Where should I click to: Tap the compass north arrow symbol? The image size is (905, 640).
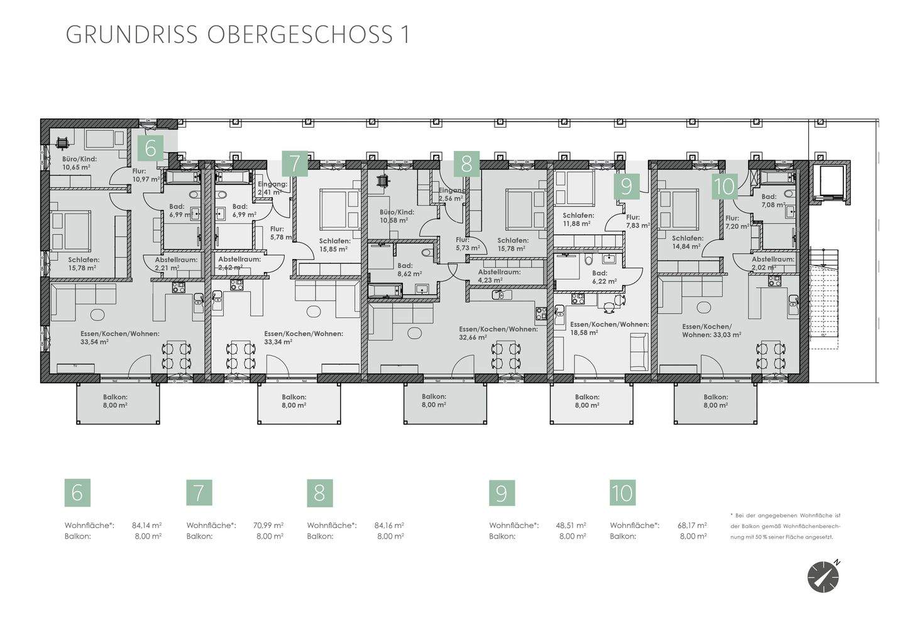coord(823,576)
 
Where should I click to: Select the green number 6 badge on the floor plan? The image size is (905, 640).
coord(150,148)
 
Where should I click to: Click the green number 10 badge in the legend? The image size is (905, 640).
coord(622,492)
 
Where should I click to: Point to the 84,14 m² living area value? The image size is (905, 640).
coord(146,525)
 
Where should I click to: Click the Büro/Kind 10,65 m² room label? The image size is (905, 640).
coord(79,163)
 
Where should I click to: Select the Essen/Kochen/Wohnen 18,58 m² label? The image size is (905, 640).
coord(608,328)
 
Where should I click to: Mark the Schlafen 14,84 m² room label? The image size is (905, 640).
coord(687,243)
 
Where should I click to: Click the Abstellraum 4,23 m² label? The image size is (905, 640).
coord(499,276)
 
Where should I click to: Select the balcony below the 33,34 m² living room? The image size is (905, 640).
coord(293,401)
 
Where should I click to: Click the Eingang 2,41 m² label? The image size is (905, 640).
coord(272,188)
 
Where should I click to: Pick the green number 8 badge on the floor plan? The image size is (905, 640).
coord(466,163)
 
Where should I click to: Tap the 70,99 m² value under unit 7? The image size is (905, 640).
coord(268,525)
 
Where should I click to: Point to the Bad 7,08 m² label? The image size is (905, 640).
coord(773,201)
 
